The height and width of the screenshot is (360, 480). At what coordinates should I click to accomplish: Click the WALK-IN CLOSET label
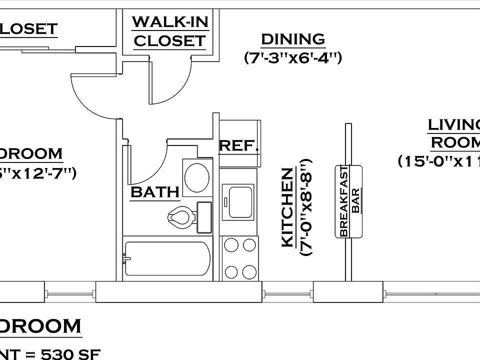click(170, 31)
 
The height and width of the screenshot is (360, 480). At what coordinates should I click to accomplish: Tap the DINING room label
click(293, 38)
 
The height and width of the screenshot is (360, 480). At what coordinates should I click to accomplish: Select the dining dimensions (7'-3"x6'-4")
click(293, 58)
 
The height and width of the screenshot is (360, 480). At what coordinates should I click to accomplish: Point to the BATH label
click(154, 192)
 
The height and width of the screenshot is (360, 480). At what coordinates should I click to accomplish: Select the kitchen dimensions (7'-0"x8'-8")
click(305, 207)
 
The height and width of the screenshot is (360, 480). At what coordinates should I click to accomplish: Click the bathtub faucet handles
click(125, 258)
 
